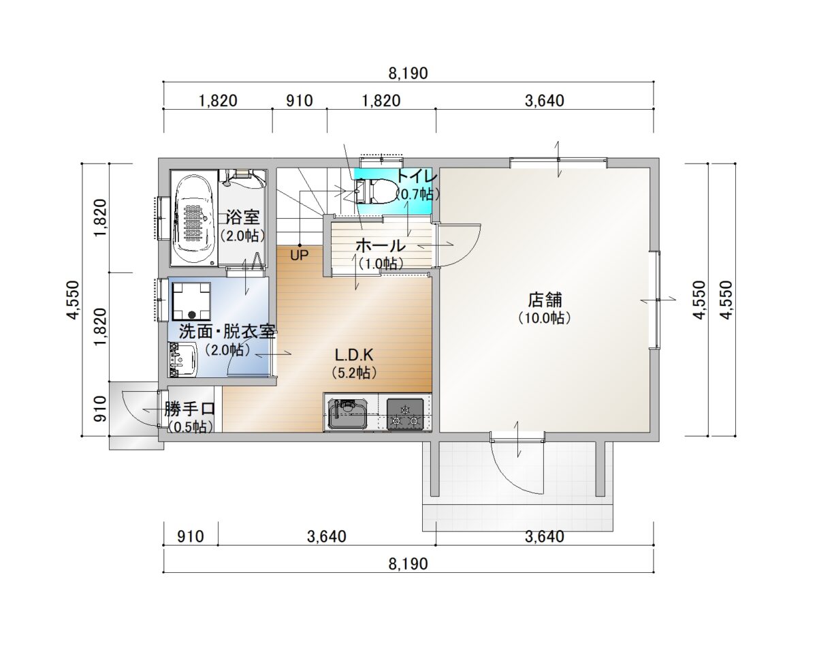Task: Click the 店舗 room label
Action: click(545, 300)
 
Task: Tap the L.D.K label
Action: click(354, 355)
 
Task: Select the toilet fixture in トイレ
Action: click(376, 190)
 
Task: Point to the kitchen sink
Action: click(347, 414)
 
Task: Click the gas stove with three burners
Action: click(405, 414)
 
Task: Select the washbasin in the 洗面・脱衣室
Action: click(182, 360)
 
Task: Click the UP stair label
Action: click(299, 255)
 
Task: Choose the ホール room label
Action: click(381, 245)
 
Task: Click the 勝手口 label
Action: click(190, 409)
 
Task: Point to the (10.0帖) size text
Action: click(545, 317)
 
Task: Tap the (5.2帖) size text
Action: click(354, 373)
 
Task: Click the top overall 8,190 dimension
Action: click(408, 73)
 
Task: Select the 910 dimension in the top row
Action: click(299, 101)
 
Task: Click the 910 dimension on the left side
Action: click(100, 409)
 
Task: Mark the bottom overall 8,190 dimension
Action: click(408, 563)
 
